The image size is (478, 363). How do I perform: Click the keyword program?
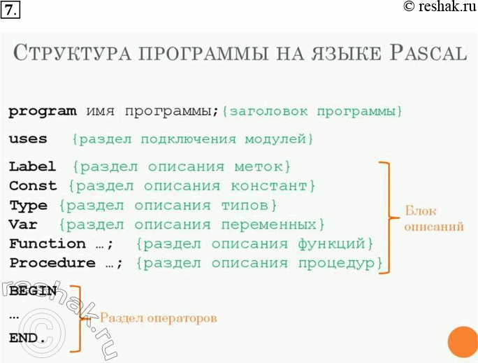tap(43, 112)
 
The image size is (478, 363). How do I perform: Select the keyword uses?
tap(28, 139)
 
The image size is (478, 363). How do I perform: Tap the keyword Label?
tap(32, 166)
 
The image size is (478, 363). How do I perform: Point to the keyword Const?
tap(33, 186)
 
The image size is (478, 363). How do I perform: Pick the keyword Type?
tap(28, 206)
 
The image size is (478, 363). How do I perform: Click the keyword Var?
tap(23, 225)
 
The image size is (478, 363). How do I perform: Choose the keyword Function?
tap(47, 243)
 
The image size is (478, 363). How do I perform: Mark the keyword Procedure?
tap(52, 263)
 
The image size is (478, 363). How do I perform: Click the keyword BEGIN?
tap(33, 290)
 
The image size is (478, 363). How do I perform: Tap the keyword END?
tap(27, 339)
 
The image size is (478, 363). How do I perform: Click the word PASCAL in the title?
tap(427, 54)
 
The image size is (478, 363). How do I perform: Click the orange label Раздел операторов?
tap(158, 318)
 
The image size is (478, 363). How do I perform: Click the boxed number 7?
tap(11, 10)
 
